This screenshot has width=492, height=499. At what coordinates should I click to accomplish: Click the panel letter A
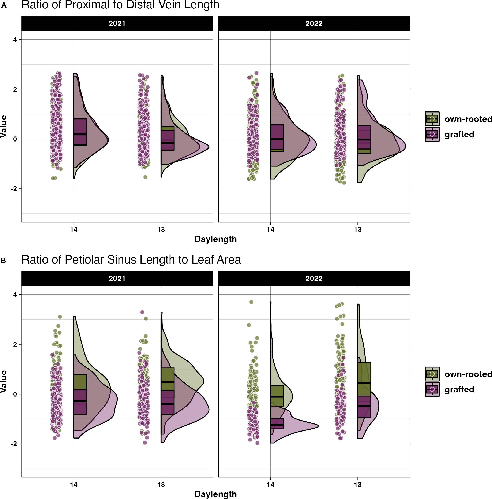[x=4, y=5]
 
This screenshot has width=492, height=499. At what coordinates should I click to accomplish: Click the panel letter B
[x=3, y=260]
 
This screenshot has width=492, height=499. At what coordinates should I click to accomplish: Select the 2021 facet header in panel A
[x=117, y=23]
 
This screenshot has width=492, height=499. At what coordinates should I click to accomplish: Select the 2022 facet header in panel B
[x=314, y=279]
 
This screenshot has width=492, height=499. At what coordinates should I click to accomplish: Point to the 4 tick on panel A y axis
[x=15, y=40]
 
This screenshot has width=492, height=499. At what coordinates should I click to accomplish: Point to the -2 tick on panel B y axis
[x=14, y=444]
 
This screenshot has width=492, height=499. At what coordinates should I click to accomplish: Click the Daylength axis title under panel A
[x=215, y=239]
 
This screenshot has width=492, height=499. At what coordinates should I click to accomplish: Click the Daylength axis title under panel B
[x=215, y=494]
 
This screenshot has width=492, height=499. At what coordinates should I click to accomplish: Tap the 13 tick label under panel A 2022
[x=358, y=230]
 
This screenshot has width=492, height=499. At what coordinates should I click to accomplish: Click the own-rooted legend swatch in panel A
[x=432, y=119]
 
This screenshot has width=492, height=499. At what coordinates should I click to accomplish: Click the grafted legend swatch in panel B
[x=432, y=389]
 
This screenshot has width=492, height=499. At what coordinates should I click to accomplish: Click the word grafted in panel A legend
[x=459, y=135]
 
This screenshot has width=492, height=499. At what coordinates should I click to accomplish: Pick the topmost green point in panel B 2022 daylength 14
[x=251, y=302]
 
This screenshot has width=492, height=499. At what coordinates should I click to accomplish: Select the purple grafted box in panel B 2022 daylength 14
[x=277, y=423]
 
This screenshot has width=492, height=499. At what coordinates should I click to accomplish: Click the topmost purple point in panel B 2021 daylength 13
[x=142, y=312]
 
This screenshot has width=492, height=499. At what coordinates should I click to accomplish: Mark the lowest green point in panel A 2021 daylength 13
[x=145, y=177]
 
